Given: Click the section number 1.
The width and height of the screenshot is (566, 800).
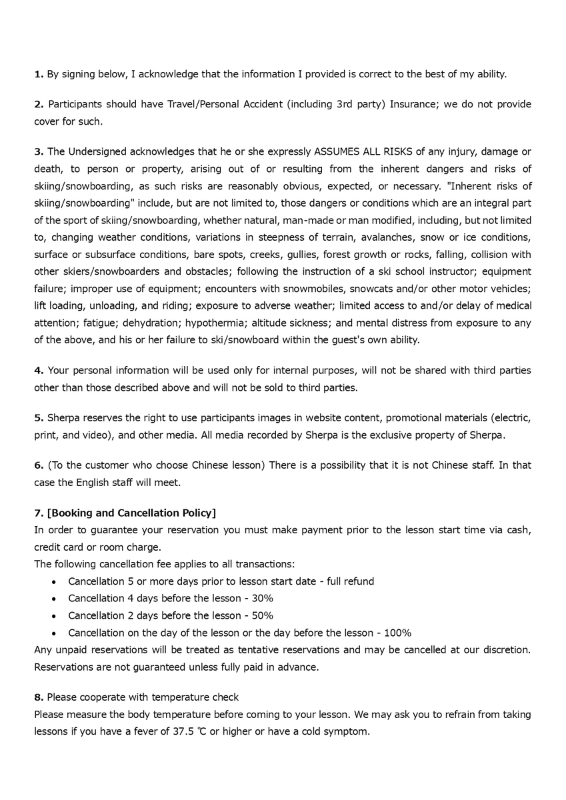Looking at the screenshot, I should click(x=38, y=74).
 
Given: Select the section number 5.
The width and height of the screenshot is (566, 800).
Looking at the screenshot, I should click(x=38, y=418).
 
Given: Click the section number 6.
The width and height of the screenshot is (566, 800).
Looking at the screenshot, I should click(x=38, y=465).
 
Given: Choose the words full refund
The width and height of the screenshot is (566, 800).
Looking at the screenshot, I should click(x=351, y=581).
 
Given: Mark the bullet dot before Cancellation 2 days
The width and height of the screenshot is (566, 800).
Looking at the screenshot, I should click(x=54, y=615).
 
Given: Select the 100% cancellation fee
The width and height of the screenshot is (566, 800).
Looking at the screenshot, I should click(x=398, y=633).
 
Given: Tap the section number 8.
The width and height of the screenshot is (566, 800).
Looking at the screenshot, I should click(x=38, y=697).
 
